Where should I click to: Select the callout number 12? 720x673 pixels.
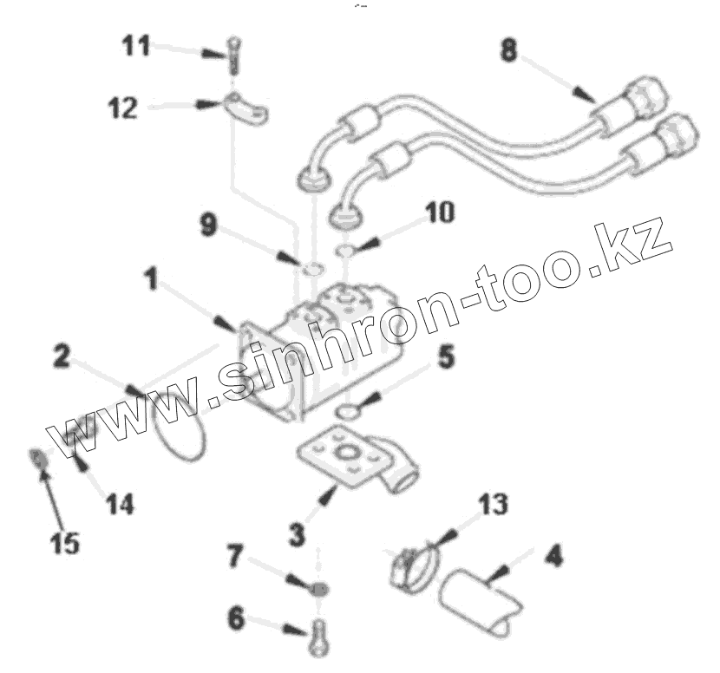click(x=122, y=108)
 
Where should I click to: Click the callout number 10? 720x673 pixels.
click(x=440, y=212)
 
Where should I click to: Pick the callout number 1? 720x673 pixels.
click(x=151, y=279)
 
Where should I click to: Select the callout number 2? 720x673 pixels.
click(x=62, y=356)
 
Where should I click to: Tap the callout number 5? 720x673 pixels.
click(x=445, y=357)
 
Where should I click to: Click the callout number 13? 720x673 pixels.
click(x=494, y=504)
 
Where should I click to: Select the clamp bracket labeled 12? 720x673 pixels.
click(x=248, y=108)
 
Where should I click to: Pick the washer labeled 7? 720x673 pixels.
click(x=319, y=589)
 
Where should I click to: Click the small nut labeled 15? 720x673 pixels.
click(x=39, y=457)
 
